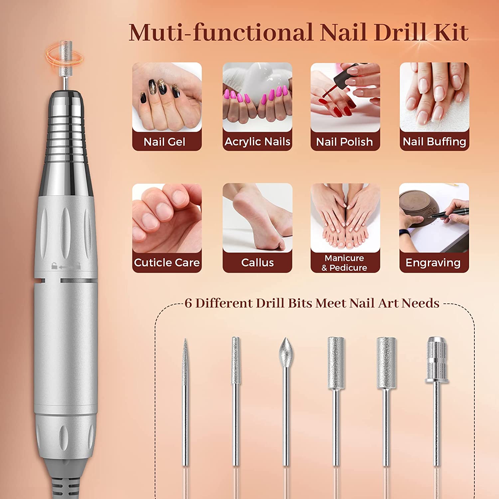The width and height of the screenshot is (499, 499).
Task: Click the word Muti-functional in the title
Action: tap(221, 33)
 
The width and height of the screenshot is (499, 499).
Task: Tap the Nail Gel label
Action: tap(164, 142)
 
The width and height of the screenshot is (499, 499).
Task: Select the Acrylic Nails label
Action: tap(257, 142)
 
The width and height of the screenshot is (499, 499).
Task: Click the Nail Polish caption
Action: tap(344, 142)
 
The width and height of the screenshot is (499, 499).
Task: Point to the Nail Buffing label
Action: tap(434, 142)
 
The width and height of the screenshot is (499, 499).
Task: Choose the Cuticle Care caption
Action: tap(167, 262)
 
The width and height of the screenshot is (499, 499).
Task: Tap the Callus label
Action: tap(257, 262)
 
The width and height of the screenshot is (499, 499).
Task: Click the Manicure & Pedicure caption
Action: tap(344, 263)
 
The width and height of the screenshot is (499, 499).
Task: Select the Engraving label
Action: tap(433, 263)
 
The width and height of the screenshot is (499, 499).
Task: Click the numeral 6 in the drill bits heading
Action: tap(188, 303)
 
